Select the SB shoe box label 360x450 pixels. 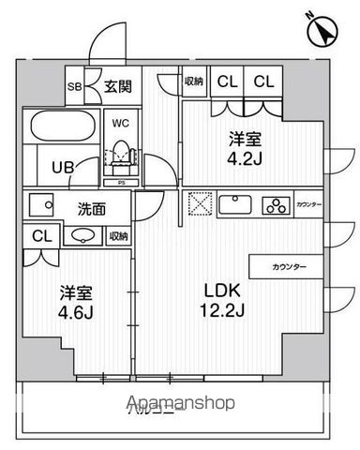(74, 88)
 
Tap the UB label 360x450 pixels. (60, 168)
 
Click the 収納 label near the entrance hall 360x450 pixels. (194, 83)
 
